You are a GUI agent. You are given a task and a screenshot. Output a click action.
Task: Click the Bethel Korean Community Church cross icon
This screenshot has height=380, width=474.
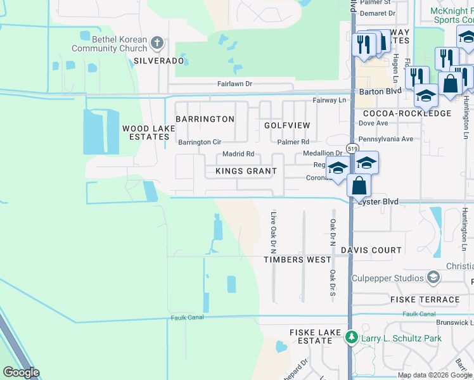158,44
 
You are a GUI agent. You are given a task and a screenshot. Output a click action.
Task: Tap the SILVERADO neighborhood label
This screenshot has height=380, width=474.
158,61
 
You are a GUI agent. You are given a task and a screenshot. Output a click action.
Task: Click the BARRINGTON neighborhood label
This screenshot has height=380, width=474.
205,119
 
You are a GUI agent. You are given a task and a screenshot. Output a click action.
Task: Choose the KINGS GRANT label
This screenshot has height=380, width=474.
246,171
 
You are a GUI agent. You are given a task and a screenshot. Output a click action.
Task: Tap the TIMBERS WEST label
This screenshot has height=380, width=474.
297,260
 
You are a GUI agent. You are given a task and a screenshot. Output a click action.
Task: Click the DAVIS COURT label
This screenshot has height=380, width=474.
371,250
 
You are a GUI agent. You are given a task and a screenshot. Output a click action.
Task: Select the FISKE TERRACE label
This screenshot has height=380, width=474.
425,300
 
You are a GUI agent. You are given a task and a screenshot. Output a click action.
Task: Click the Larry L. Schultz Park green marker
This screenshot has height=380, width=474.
351,338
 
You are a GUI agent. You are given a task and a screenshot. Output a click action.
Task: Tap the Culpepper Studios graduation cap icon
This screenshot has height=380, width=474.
433,278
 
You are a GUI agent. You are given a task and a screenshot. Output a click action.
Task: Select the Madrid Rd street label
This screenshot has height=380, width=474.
238,154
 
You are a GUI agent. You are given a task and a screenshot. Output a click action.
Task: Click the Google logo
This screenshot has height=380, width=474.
21,372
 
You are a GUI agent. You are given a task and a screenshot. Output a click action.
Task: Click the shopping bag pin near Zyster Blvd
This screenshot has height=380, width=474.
359,186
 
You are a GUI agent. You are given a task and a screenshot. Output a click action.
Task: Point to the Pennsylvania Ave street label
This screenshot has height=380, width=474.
385,139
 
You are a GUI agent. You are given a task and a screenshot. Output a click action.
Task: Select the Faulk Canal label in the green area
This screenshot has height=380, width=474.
187,317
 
